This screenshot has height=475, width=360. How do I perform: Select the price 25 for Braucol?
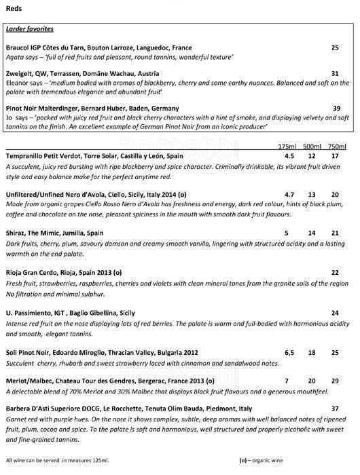pos(335,47)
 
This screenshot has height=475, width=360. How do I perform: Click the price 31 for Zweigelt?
pos(335,73)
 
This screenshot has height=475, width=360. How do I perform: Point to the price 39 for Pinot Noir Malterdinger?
pos(336,109)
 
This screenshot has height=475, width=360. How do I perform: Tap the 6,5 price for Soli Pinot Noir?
pos(289,354)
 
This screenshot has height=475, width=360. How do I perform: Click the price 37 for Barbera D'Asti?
pos(335,408)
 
